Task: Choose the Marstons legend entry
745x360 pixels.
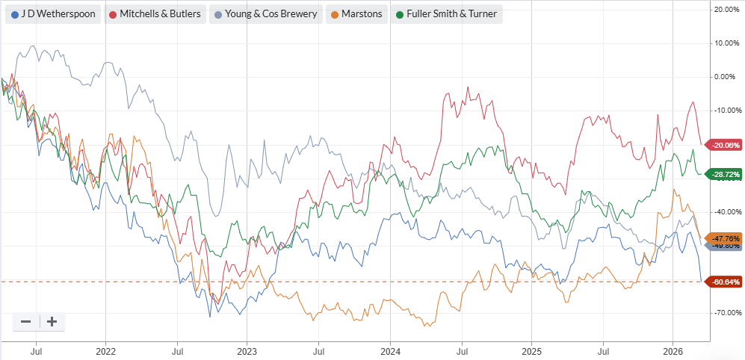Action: tap(356, 14)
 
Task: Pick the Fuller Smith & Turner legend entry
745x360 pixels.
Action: tap(445, 14)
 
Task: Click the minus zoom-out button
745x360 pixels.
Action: tap(26, 321)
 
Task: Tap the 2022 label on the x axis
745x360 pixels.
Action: tap(105, 350)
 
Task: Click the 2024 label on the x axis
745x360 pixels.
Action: tap(390, 350)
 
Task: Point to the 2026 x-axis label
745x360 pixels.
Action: tap(673, 350)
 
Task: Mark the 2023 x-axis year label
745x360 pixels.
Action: tap(247, 350)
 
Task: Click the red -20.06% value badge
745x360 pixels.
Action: tap(725, 145)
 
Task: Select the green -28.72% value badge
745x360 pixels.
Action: tap(725, 174)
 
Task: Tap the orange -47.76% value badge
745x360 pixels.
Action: tap(725, 238)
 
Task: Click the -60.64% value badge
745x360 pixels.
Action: tap(725, 282)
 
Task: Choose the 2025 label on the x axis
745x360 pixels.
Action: tap(531, 350)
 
